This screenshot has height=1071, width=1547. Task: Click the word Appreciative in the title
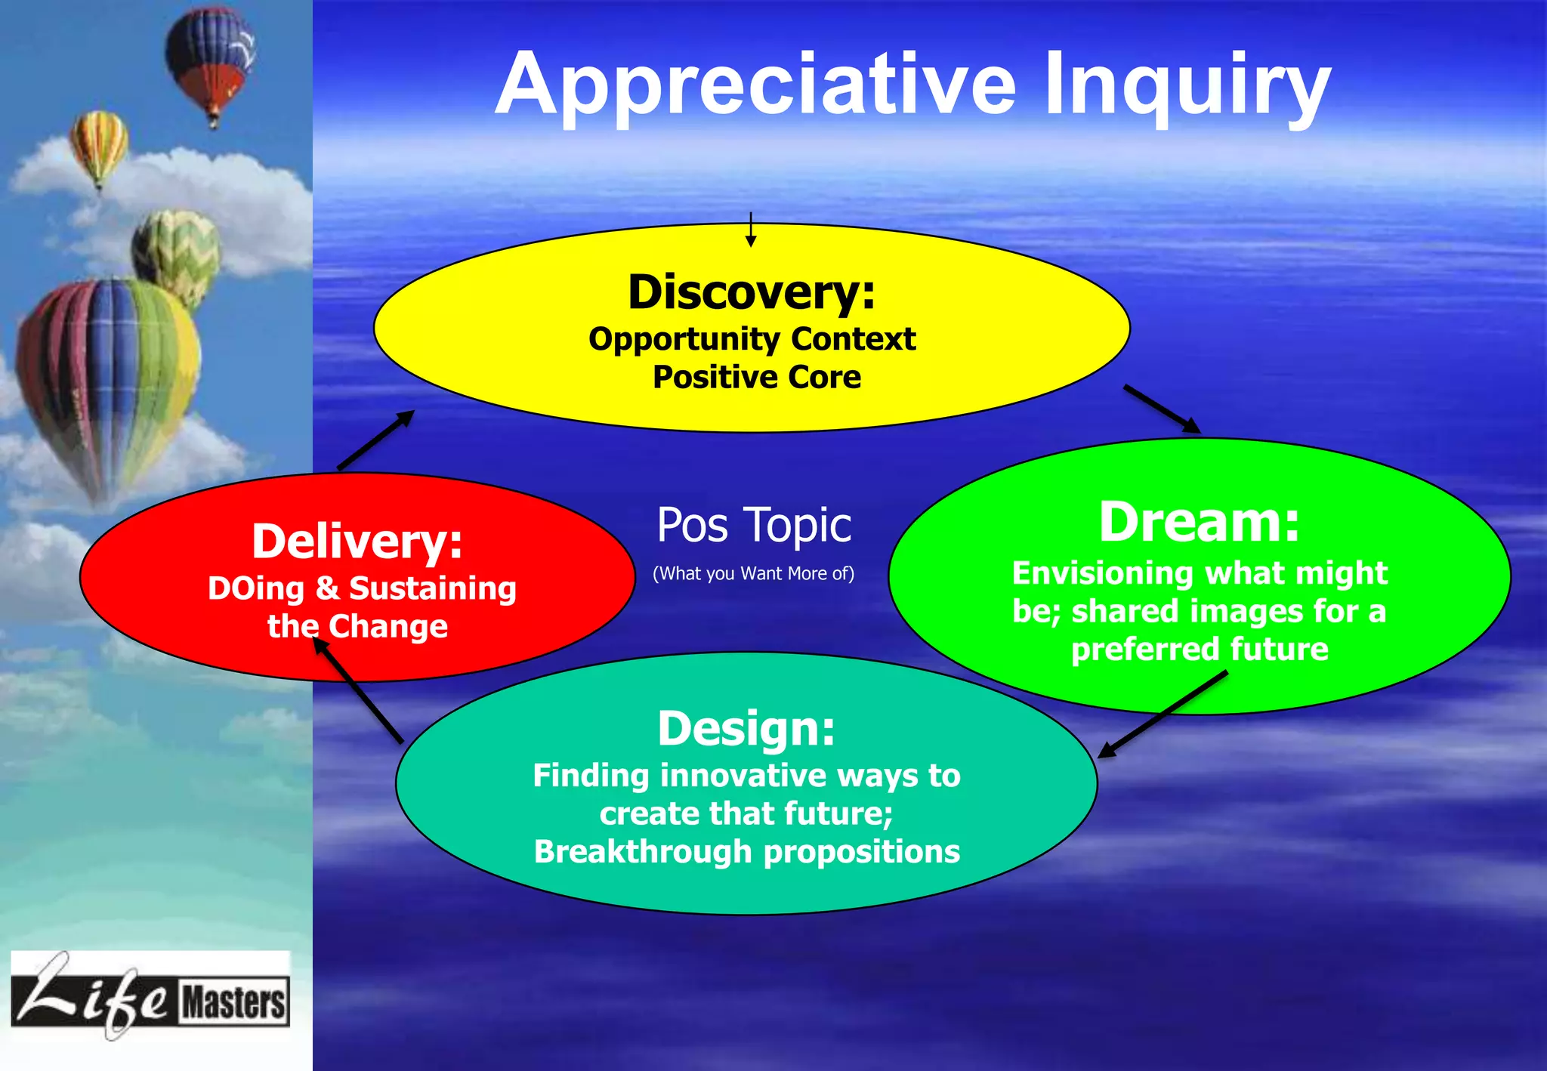coord(755,85)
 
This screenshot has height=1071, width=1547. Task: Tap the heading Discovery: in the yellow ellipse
coord(752,292)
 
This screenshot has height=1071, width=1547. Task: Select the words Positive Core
coord(757,377)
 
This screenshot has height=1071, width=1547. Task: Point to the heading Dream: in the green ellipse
coord(1199,522)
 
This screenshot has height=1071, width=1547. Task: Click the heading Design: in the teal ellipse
coord(746,728)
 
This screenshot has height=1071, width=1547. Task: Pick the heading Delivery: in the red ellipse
coord(357,542)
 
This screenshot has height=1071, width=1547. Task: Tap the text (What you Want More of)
coord(753,573)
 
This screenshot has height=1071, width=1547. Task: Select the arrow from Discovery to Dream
coord(1161,409)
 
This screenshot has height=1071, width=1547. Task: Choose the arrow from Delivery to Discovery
coord(375,440)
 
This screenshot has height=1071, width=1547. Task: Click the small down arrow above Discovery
coord(750,230)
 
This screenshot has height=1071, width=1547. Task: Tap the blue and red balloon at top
coord(211,62)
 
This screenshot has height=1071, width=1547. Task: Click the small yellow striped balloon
coord(99,146)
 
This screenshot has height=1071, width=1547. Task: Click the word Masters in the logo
coord(233,1003)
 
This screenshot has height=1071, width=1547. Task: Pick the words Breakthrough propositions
coord(746,852)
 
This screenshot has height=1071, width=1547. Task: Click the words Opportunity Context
coord(752,339)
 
